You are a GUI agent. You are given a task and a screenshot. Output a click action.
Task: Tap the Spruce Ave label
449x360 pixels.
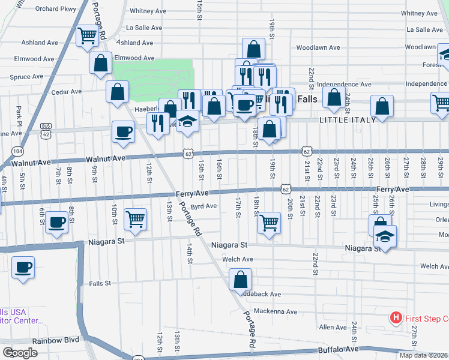[26, 77]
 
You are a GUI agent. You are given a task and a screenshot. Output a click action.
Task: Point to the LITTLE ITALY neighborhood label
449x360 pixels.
[348, 120]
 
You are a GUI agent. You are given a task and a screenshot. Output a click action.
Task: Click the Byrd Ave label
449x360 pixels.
[203, 206]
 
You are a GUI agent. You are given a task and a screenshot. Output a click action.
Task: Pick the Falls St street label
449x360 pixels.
[100, 283]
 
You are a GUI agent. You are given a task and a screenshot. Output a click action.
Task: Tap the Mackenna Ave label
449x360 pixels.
[275, 311]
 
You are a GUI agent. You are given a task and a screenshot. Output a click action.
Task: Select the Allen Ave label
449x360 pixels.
[333, 327]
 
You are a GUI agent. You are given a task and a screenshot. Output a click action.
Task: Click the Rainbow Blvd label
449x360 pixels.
[56, 340]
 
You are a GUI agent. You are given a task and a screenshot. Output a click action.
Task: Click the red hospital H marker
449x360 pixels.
[396, 317]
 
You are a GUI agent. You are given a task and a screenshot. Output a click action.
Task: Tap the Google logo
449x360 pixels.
[20, 353]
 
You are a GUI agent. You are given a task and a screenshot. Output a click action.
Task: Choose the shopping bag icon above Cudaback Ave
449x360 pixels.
[240, 279]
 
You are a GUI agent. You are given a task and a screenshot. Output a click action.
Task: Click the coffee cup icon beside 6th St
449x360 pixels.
[57, 221]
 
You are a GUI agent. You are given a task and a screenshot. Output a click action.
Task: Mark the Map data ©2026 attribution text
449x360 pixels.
[423, 355]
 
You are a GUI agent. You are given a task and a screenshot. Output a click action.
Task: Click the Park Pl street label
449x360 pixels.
[19, 112]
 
